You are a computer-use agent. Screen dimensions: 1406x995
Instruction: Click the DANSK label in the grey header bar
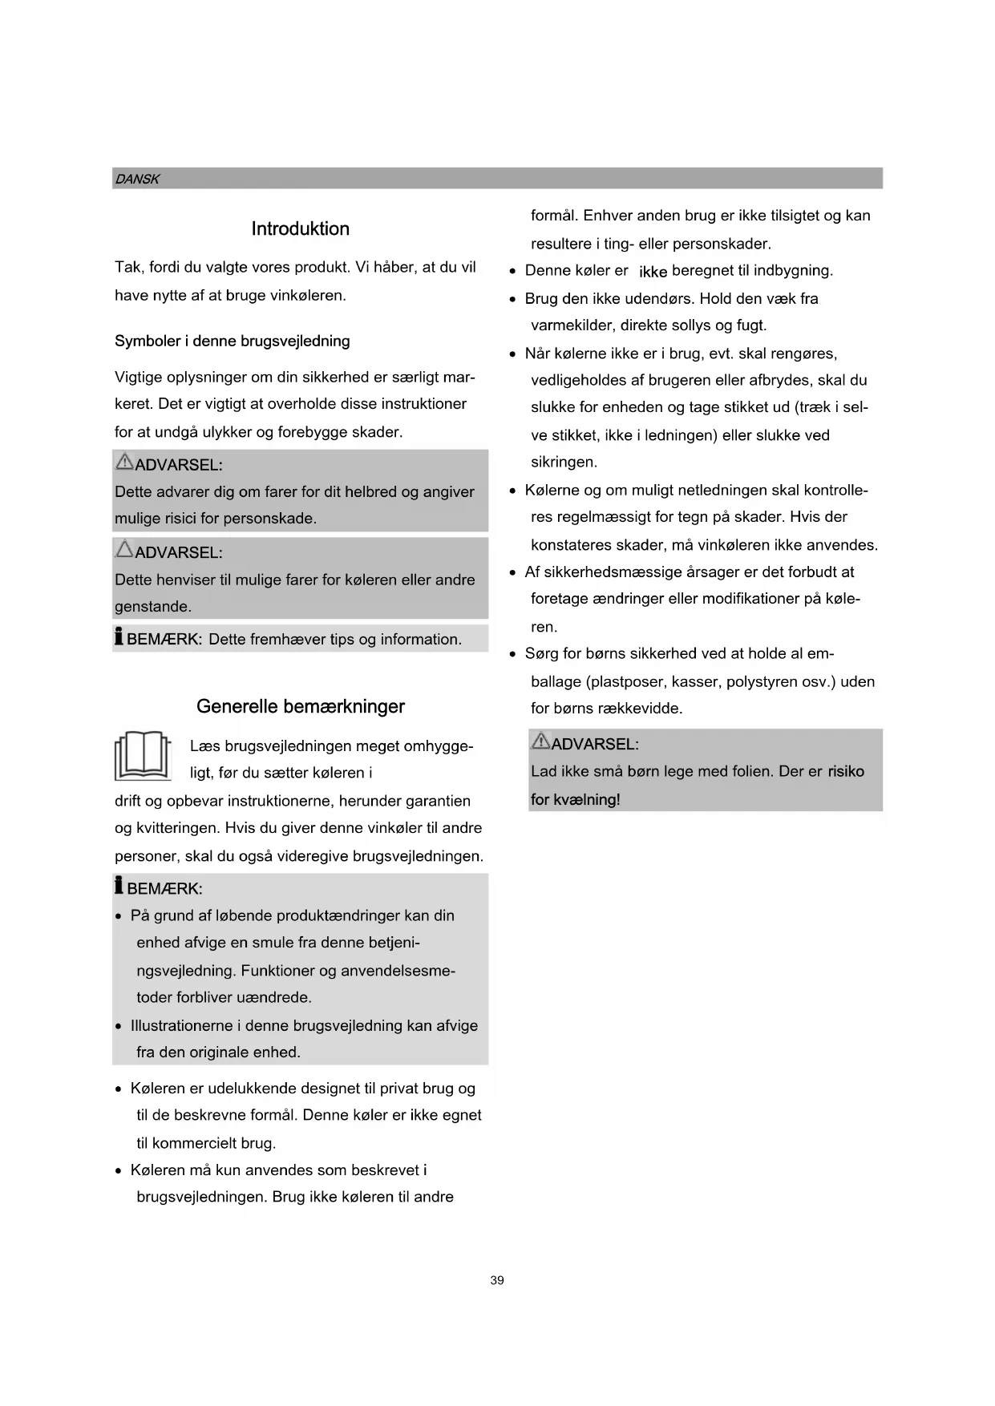point(137,179)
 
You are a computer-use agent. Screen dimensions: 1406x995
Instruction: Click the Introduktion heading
point(300,228)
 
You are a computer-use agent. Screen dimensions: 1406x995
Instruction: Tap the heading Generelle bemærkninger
point(300,706)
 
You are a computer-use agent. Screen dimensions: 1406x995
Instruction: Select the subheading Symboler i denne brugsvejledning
point(232,341)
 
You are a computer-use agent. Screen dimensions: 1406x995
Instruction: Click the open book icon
point(143,756)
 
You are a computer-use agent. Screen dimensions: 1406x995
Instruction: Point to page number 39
point(497,1280)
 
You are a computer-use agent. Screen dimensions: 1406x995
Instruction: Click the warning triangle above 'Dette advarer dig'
point(124,462)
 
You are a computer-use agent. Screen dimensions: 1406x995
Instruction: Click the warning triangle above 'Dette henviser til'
point(124,550)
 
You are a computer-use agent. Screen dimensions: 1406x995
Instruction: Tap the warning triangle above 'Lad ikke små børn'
point(540,741)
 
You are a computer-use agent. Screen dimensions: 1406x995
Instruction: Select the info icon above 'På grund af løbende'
point(119,886)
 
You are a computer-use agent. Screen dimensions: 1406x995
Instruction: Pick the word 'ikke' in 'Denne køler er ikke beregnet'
point(653,272)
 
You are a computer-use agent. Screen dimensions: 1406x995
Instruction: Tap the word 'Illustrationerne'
point(184,1025)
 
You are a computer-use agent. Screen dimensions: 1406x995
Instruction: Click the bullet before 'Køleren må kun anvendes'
point(119,1171)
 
